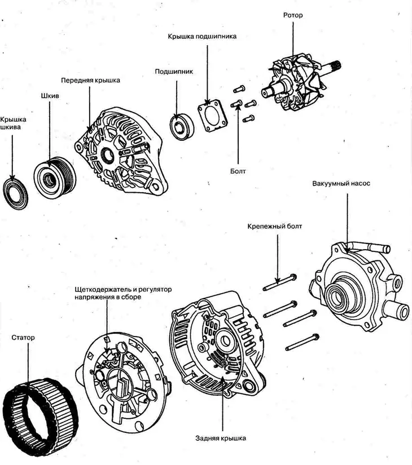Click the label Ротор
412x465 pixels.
point(292,15)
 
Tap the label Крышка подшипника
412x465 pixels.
point(202,37)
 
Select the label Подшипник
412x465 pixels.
point(174,72)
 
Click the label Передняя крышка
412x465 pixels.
point(91,81)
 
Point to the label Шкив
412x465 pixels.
point(50,96)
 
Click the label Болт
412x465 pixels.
point(238,171)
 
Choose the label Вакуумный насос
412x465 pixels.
point(341,183)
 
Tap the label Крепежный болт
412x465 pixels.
point(275,226)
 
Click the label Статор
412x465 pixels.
point(23,338)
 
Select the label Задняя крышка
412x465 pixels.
point(221,438)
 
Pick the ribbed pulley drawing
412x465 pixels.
point(55,178)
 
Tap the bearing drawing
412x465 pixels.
point(182,127)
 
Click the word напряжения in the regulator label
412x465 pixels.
point(91,297)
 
